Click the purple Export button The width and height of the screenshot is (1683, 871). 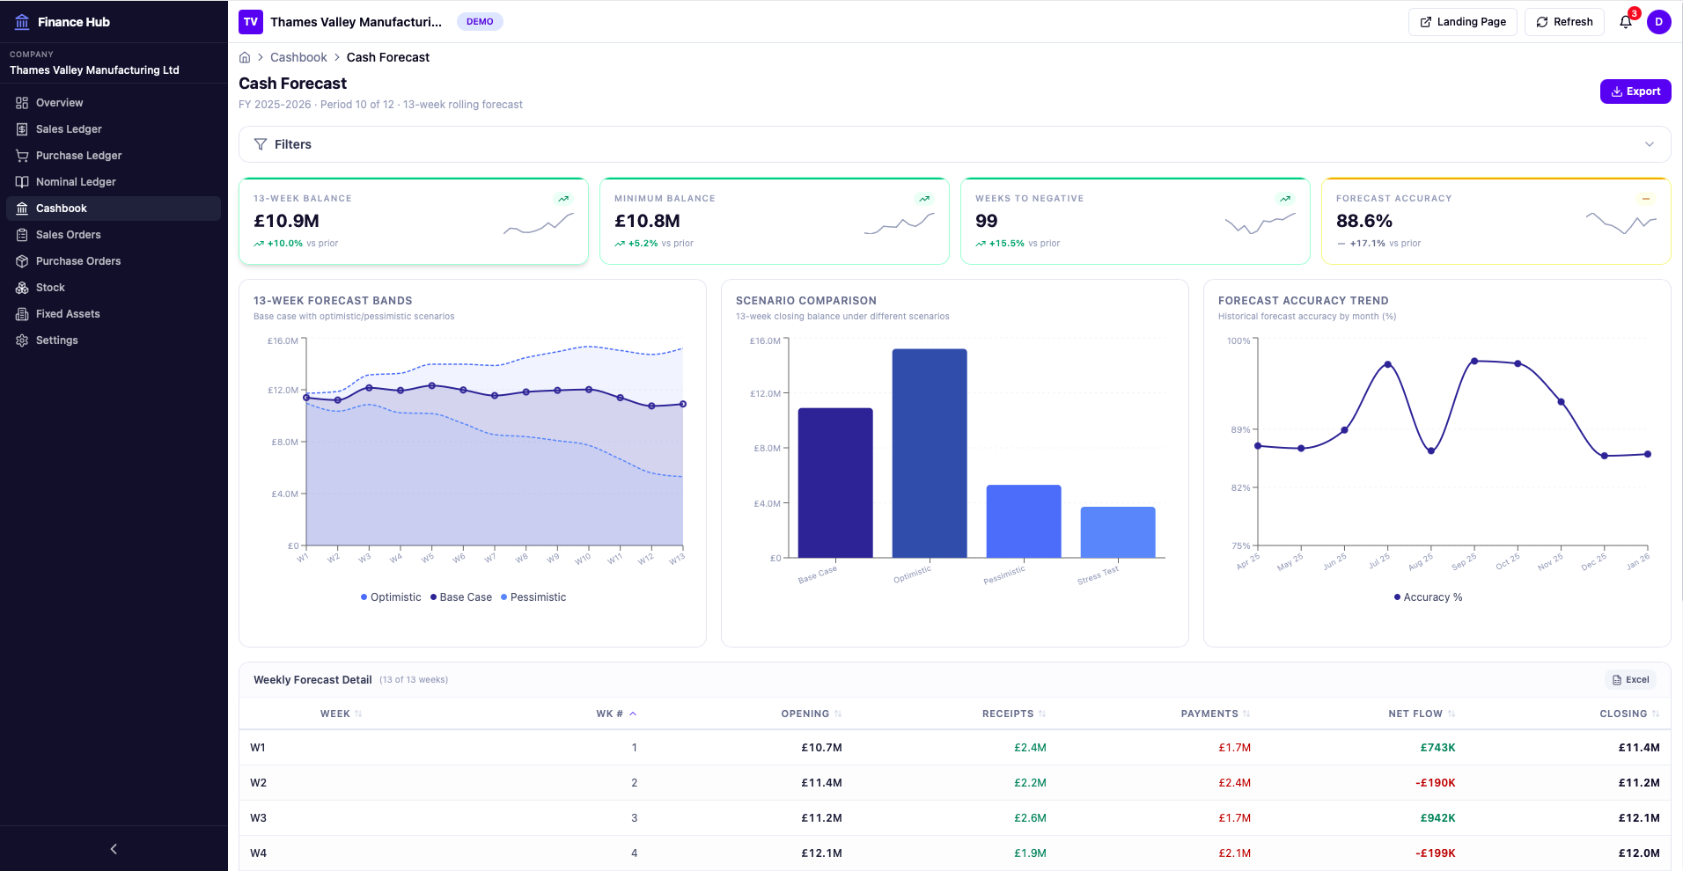coord(1635,91)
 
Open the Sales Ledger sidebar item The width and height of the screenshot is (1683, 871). coord(69,129)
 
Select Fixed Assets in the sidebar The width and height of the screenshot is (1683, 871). coord(68,314)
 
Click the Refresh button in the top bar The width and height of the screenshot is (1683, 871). coord(1564,22)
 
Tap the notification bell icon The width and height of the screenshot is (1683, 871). coord(1625,22)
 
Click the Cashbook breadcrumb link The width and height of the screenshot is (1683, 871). coord(298,57)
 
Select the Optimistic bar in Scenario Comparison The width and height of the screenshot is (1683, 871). coord(929,452)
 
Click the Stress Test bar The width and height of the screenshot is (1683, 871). coord(1117,531)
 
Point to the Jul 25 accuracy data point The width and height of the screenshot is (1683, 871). coord(1387,364)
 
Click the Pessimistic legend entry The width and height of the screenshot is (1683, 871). coord(533,597)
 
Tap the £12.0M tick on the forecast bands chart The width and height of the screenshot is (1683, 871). coord(283,390)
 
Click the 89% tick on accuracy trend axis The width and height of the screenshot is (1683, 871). coord(1239,429)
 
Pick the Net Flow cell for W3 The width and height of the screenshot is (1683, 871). coord(1437,818)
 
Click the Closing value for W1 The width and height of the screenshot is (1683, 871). coord(1638,748)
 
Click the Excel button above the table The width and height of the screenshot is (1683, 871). coord(1630,680)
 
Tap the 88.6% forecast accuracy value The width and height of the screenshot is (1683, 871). coord(1363,221)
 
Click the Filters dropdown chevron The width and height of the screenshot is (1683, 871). coord(1649,144)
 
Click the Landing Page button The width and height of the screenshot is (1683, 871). coord(1462,22)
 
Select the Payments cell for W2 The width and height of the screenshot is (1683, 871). coord(1234,783)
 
